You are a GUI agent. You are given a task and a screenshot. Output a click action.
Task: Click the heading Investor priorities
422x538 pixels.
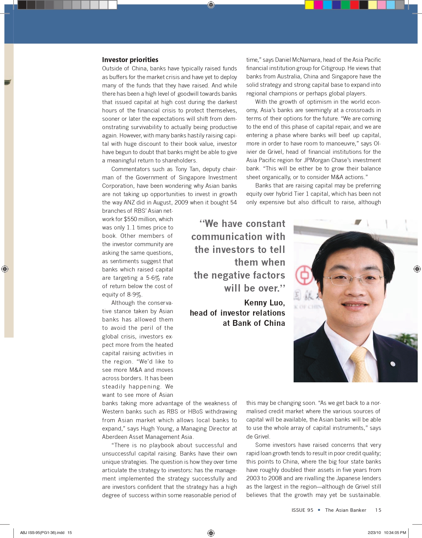(130, 60)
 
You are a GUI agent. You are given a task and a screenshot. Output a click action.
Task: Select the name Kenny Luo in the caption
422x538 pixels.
(264, 303)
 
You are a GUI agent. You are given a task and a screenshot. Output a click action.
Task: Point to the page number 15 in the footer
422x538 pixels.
(378, 510)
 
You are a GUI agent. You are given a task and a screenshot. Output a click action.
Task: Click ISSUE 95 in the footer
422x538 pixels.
(302, 510)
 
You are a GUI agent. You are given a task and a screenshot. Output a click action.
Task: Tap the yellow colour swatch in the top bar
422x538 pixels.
(309, 5)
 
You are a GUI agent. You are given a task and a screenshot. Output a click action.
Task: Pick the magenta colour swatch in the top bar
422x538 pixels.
(318, 5)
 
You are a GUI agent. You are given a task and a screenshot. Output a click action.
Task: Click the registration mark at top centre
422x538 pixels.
(211, 5)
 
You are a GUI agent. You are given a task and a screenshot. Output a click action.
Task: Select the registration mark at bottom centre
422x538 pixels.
(211, 533)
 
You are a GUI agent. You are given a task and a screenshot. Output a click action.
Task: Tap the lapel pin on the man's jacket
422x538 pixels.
(393, 364)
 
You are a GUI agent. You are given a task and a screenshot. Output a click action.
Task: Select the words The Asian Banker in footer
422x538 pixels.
(346, 510)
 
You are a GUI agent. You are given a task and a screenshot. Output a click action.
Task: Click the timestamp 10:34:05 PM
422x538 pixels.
(395, 532)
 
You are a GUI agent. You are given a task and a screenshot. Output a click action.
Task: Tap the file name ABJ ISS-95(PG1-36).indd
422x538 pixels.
(42, 532)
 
